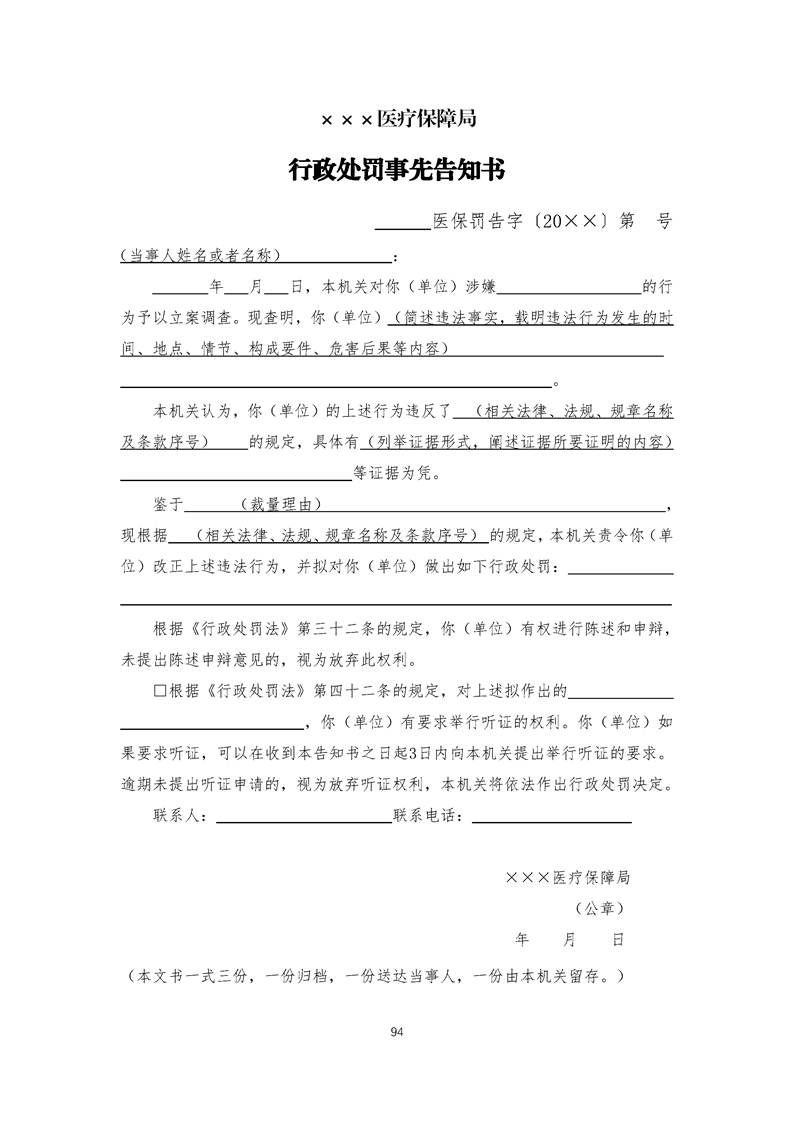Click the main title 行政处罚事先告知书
(396, 171)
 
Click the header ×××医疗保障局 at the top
(396, 119)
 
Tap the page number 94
(397, 1031)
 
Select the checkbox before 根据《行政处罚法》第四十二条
(159, 691)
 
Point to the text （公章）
(599, 909)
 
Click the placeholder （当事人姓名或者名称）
(199, 256)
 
